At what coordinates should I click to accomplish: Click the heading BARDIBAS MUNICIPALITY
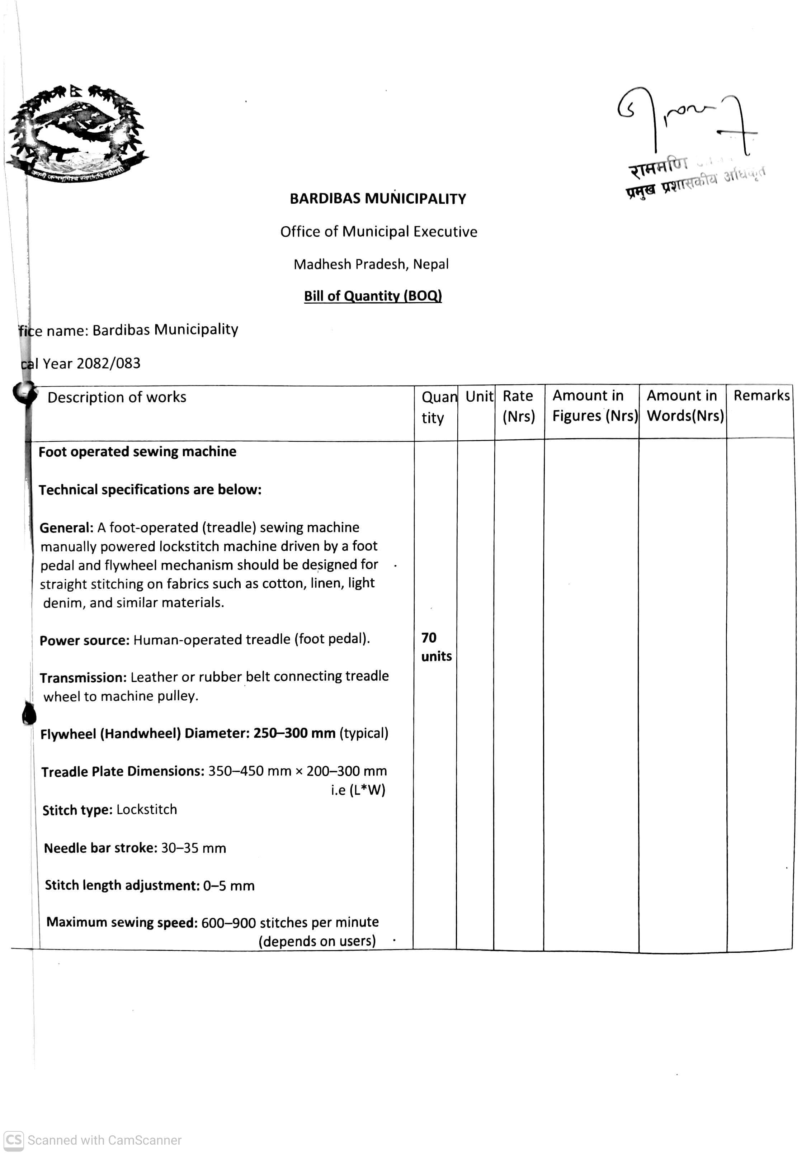[x=377, y=199]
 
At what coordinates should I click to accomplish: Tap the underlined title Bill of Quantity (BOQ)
[x=373, y=296]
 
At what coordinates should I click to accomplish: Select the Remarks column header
[x=761, y=396]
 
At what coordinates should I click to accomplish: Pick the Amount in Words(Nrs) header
[x=685, y=406]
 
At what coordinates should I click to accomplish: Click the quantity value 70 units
[x=436, y=647]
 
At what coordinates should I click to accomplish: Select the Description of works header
[x=117, y=397]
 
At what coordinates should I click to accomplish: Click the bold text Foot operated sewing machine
[x=137, y=452]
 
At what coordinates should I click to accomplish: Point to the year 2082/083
[x=109, y=363]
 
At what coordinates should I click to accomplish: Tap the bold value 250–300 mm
[x=294, y=733]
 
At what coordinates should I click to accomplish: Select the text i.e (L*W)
[x=358, y=790]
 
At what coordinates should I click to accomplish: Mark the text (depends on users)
[x=317, y=941]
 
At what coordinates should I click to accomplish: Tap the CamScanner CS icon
[x=14, y=1140]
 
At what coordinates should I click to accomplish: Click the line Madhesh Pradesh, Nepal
[x=371, y=264]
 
